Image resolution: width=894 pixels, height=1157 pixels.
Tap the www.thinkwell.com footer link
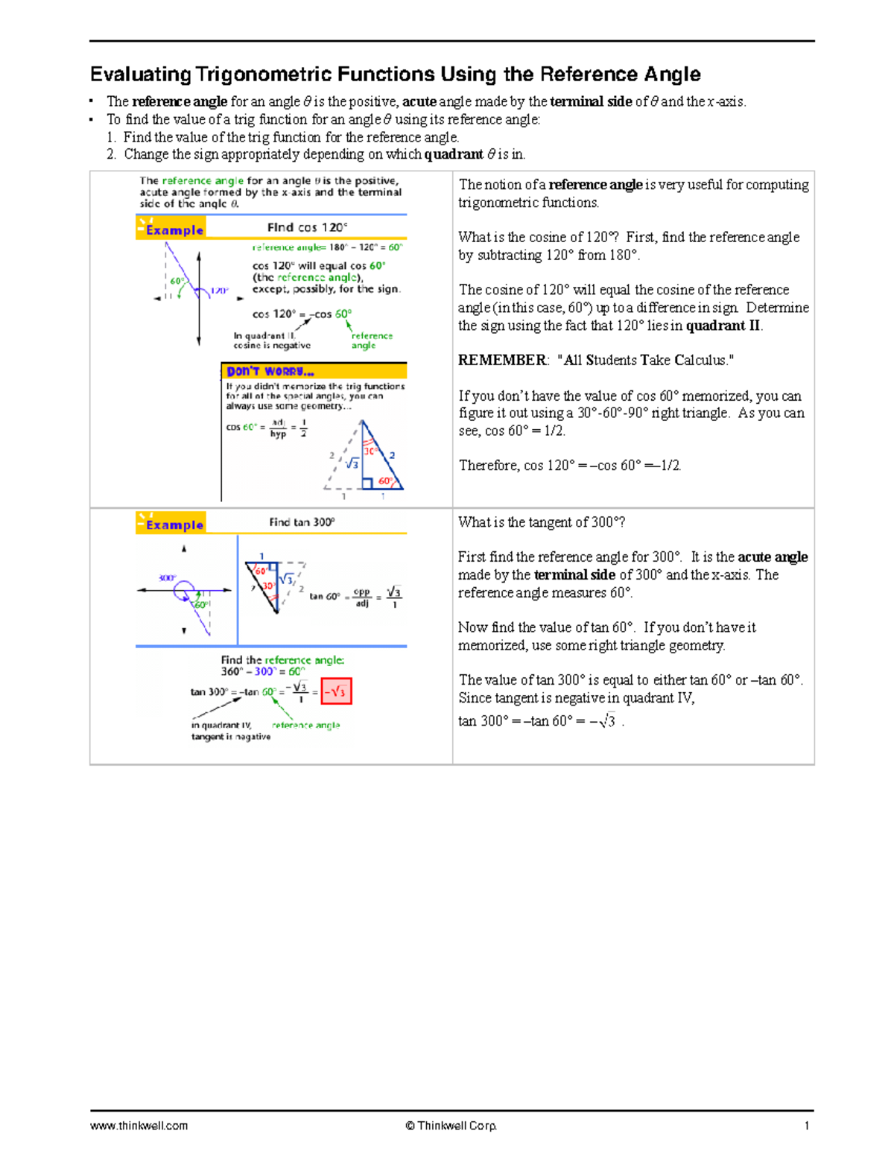click(x=139, y=1126)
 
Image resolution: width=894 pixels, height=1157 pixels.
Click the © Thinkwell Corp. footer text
click(x=451, y=1126)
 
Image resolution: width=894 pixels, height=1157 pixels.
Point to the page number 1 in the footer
click(x=806, y=1126)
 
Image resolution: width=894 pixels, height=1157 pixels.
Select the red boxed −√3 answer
click(x=336, y=691)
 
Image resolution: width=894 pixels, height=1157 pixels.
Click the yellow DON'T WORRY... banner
click(x=314, y=371)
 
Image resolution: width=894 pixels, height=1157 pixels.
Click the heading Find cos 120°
click(x=307, y=227)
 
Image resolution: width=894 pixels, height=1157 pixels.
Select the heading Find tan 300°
click(x=302, y=522)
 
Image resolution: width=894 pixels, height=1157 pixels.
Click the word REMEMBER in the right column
click(x=502, y=361)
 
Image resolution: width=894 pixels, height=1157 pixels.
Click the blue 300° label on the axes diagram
click(x=167, y=578)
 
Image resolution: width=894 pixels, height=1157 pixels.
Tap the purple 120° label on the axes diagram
click(x=219, y=291)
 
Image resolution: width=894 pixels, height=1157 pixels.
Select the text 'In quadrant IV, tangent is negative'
click(x=230, y=731)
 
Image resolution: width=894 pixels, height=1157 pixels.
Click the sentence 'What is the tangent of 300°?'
click(x=542, y=522)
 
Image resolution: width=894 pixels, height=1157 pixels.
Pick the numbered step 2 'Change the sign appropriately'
click(x=317, y=154)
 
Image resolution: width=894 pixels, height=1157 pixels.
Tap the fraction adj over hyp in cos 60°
click(x=278, y=428)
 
